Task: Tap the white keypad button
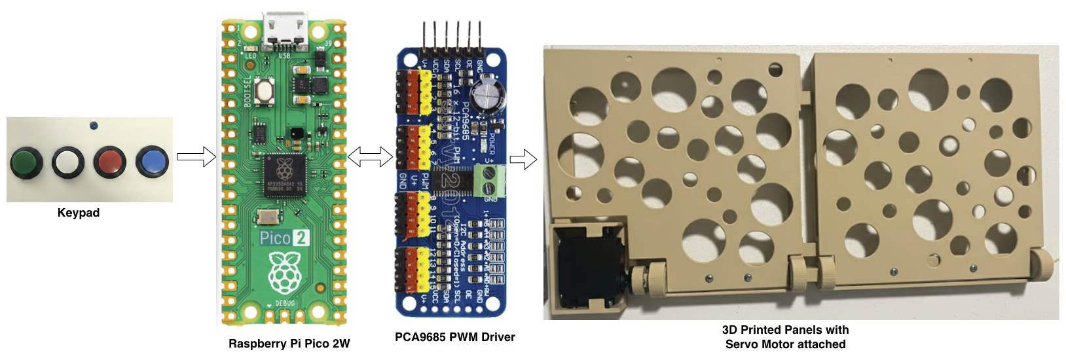(68, 162)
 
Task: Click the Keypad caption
(79, 213)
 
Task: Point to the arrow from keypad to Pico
(196, 157)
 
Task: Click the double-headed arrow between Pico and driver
(369, 157)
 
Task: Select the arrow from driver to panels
(523, 159)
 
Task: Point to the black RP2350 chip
(284, 176)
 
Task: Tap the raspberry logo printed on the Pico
(284, 274)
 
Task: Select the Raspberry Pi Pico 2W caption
(289, 344)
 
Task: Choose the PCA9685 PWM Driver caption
(454, 337)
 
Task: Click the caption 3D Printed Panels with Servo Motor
(785, 337)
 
